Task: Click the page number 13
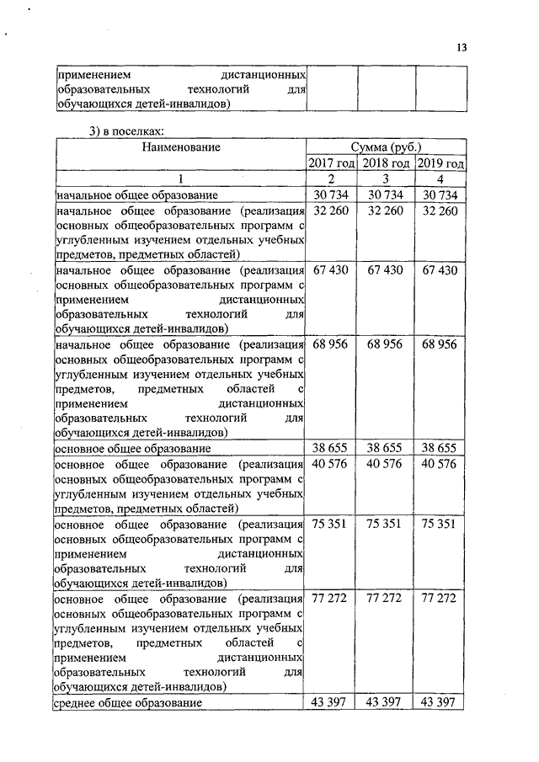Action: tap(462, 47)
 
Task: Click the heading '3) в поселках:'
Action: tap(126, 130)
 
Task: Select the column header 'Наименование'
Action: tap(180, 147)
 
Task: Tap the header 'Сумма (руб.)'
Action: tap(386, 147)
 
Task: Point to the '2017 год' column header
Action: tap(331, 163)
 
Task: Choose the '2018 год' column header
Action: tap(386, 163)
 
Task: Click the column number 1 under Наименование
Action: tap(179, 179)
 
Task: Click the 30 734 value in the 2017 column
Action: tap(330, 195)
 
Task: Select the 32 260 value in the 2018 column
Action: tap(385, 211)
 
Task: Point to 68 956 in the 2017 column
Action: tap(330, 344)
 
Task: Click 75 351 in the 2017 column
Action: tap(330, 523)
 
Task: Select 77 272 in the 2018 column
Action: tap(385, 597)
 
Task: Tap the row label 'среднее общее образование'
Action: tap(128, 702)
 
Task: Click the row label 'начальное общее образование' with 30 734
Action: tap(136, 195)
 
